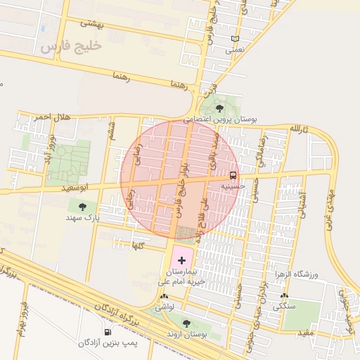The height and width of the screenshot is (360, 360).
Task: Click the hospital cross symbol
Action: (x=181, y=260)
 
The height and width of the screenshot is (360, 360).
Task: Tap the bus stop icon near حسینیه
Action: (x=233, y=175)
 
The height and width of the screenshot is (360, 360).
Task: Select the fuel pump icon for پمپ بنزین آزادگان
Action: (x=108, y=332)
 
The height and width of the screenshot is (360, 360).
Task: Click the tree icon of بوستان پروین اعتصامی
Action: (x=220, y=108)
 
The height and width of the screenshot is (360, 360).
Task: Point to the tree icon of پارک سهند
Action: (x=83, y=207)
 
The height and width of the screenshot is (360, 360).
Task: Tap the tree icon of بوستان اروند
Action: (x=186, y=323)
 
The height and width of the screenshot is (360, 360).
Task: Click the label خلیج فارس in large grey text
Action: (x=71, y=46)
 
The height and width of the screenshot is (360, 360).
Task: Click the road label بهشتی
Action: (x=91, y=23)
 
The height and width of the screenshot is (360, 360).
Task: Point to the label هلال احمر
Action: (x=34, y=116)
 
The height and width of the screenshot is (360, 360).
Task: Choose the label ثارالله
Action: (x=298, y=129)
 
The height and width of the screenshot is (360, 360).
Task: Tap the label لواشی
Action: (x=164, y=307)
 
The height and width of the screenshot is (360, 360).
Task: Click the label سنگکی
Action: (x=287, y=307)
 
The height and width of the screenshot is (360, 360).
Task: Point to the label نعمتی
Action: (x=235, y=51)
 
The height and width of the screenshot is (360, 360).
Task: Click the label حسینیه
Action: (x=233, y=187)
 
